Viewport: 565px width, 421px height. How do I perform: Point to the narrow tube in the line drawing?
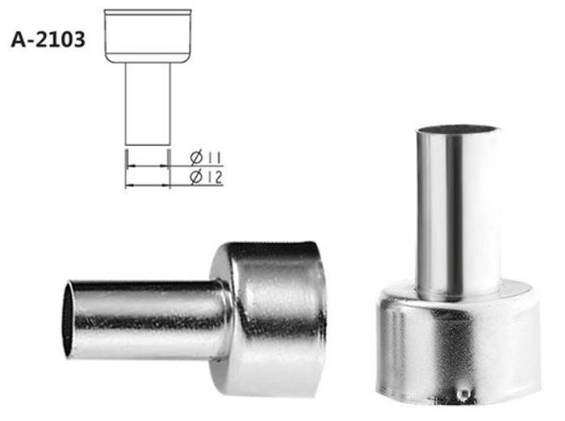point(148,104)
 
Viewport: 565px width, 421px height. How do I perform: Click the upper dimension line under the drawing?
point(148,164)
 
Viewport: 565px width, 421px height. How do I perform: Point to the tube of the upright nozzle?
point(458,207)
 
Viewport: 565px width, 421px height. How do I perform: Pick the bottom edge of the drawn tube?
point(148,145)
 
